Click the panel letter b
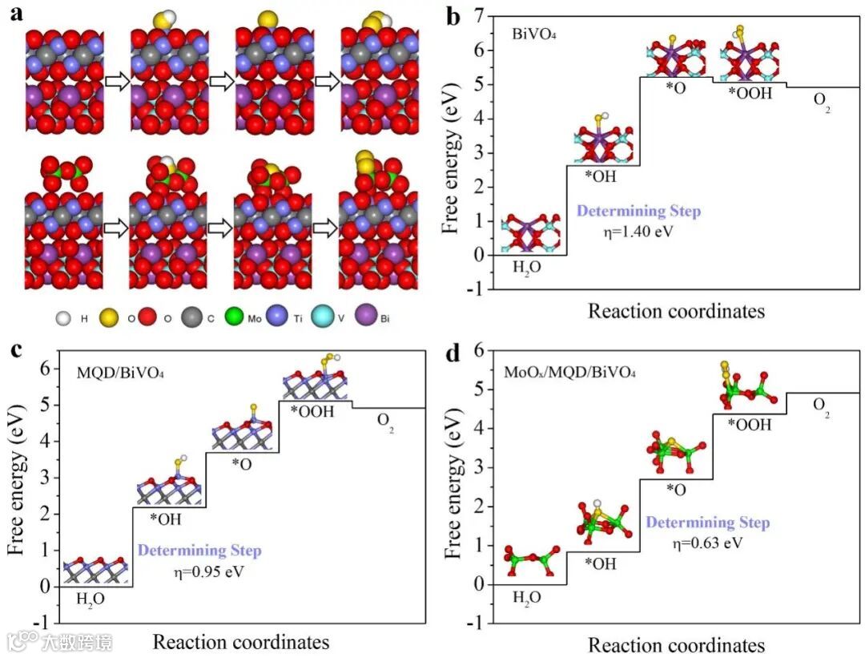(x=454, y=16)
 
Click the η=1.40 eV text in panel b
(x=638, y=233)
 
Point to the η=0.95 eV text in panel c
(x=207, y=572)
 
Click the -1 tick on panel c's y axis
(x=41, y=622)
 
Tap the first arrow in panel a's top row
(x=117, y=82)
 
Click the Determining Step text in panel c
(x=199, y=551)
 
